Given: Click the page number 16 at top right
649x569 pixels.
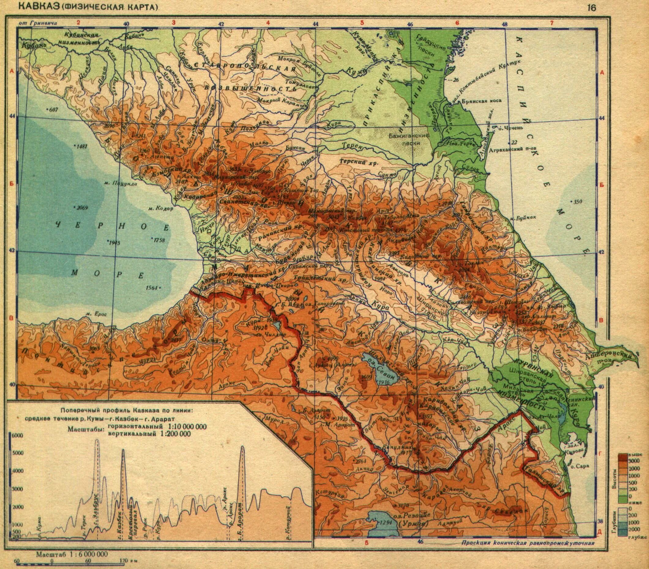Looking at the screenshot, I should pos(591,8).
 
